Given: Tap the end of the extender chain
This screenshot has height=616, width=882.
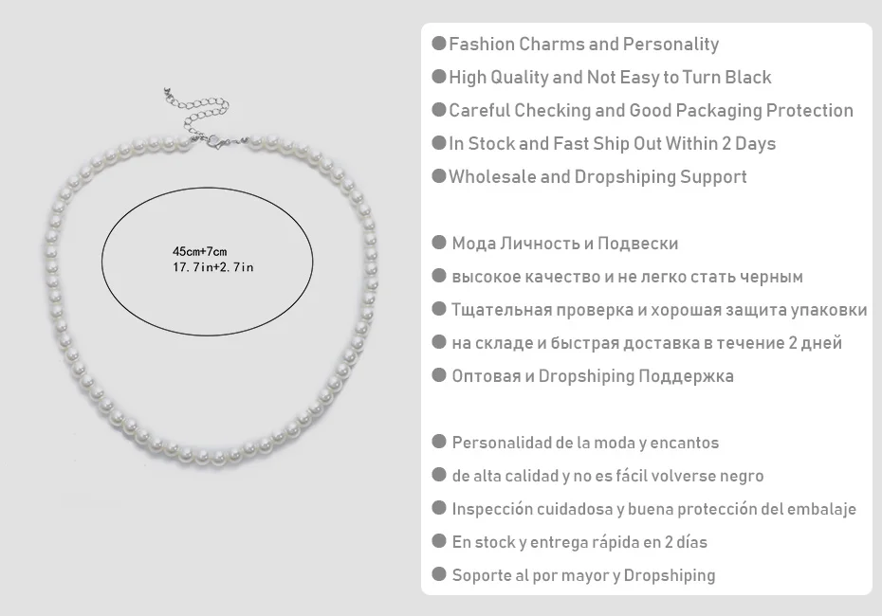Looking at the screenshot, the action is [167, 94].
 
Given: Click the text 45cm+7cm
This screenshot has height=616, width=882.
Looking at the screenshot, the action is [199, 251].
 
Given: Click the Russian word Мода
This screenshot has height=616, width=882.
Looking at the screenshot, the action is [474, 244].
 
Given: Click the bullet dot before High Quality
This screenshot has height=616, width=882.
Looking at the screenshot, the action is [438, 77].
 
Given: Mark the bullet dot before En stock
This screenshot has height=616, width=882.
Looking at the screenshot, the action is [438, 542].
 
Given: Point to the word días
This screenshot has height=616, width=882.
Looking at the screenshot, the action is [689, 542].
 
